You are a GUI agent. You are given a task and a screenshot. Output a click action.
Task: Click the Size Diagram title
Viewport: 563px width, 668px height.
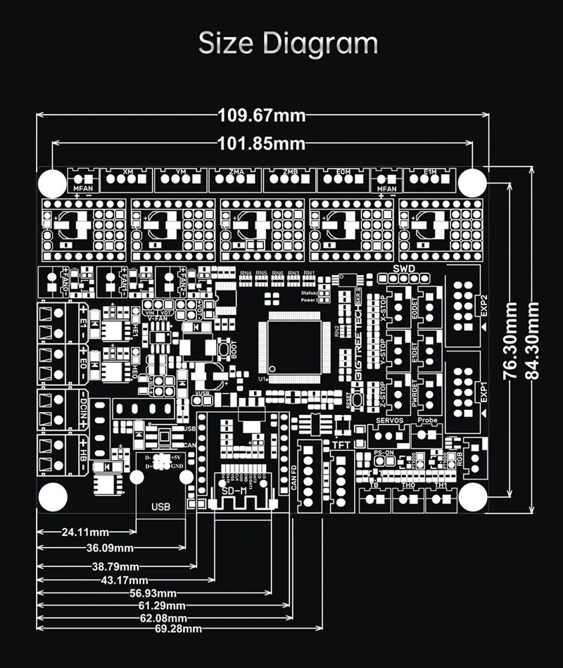tap(288, 44)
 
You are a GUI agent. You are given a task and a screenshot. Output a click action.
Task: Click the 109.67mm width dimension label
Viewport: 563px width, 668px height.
tap(262, 115)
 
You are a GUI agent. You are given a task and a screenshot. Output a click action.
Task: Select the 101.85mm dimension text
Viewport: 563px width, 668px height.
tap(262, 143)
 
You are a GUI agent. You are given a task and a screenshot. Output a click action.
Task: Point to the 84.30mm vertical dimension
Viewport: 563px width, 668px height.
tap(533, 340)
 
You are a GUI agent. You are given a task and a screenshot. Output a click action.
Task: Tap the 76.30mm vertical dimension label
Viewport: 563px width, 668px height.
tap(511, 340)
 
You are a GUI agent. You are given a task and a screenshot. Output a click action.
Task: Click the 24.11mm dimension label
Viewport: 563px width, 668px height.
tap(84, 532)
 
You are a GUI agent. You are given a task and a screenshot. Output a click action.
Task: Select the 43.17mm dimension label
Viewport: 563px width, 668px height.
tap(125, 580)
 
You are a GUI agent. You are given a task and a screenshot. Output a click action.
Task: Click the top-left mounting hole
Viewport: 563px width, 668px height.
tap(51, 184)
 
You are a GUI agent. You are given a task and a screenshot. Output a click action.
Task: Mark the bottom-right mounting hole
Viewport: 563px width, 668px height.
tap(472, 498)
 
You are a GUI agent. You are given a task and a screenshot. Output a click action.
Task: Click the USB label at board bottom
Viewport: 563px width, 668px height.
tap(160, 506)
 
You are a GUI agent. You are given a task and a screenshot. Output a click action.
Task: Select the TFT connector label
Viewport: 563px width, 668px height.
tap(341, 444)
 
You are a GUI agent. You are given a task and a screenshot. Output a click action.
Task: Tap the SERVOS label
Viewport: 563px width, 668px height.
tap(389, 420)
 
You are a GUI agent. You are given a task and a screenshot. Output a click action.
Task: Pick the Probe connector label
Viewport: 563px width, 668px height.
tap(427, 420)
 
